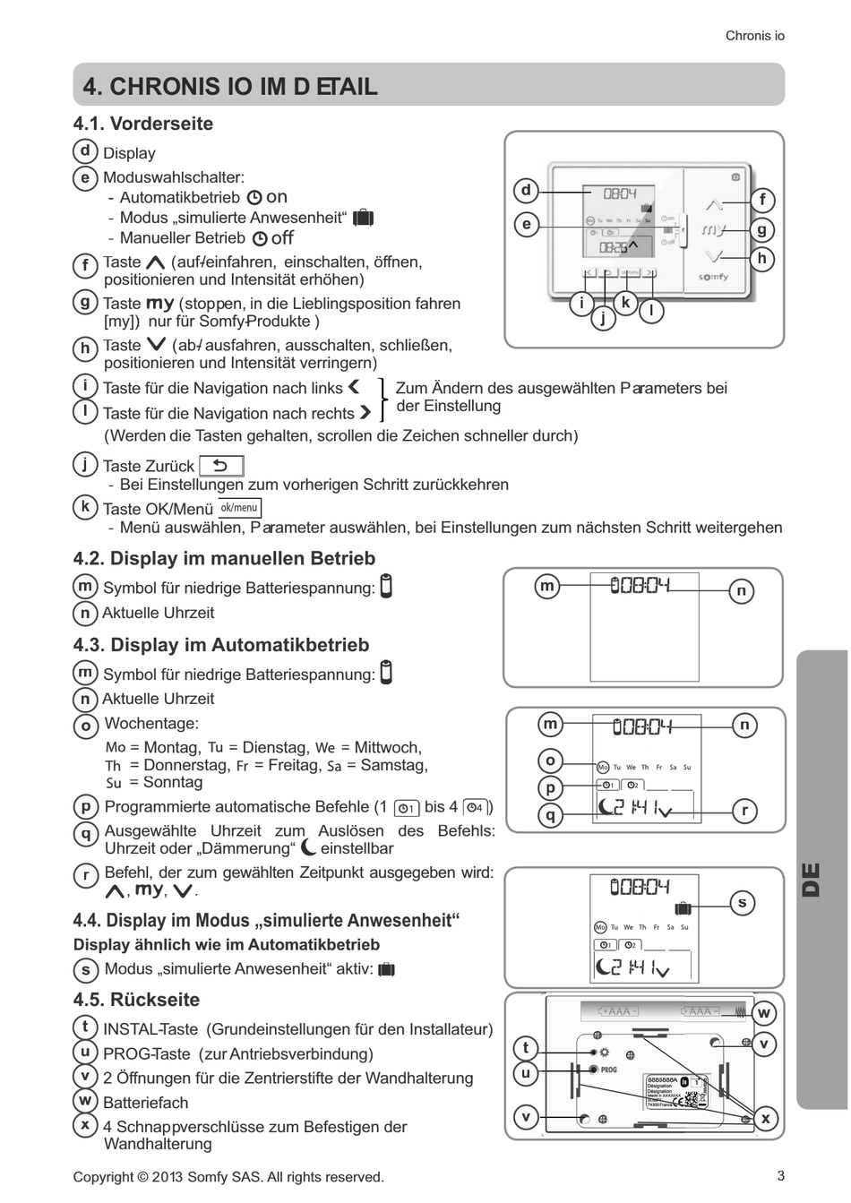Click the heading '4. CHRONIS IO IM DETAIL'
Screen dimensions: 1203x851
229,86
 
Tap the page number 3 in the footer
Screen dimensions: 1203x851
780,1175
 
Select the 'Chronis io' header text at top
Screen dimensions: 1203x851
754,36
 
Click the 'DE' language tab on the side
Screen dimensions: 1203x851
810,879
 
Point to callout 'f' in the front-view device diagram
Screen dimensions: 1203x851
762,200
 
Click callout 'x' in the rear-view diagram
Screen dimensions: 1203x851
765,1118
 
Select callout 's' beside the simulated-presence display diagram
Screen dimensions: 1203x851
742,903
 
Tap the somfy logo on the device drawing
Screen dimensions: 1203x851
713,277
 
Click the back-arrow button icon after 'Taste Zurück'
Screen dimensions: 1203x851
220,466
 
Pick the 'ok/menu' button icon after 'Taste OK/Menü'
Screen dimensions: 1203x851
239,508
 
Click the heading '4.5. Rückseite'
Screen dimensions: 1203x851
136,1000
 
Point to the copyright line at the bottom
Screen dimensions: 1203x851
228,1176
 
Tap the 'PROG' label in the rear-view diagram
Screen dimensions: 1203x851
608,1070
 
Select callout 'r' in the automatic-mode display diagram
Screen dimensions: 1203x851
744,811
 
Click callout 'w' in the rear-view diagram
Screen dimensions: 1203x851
763,1013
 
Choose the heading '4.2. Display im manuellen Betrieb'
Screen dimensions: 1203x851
224,558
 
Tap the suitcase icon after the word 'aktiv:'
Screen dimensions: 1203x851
387,968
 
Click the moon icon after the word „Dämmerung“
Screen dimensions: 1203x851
309,846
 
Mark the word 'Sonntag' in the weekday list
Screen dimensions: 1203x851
173,782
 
